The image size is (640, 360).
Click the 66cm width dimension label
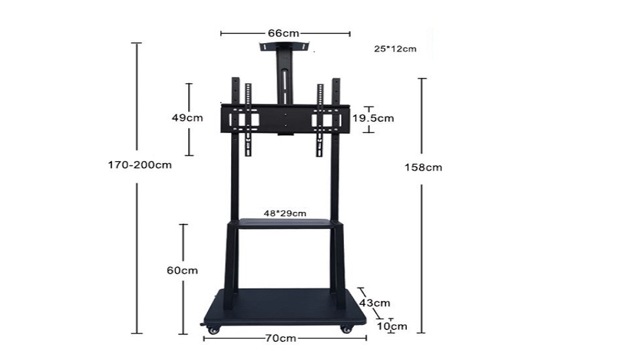[283, 33]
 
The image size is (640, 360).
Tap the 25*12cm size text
[395, 49]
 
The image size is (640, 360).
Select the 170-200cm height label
[139, 165]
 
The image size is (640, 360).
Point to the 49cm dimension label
[187, 118]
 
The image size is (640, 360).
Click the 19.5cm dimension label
[373, 118]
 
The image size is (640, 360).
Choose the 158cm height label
[423, 167]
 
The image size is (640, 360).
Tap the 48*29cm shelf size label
[285, 213]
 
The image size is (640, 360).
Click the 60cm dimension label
[182, 270]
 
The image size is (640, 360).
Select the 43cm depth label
[375, 303]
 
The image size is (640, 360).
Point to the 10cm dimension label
[392, 326]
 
